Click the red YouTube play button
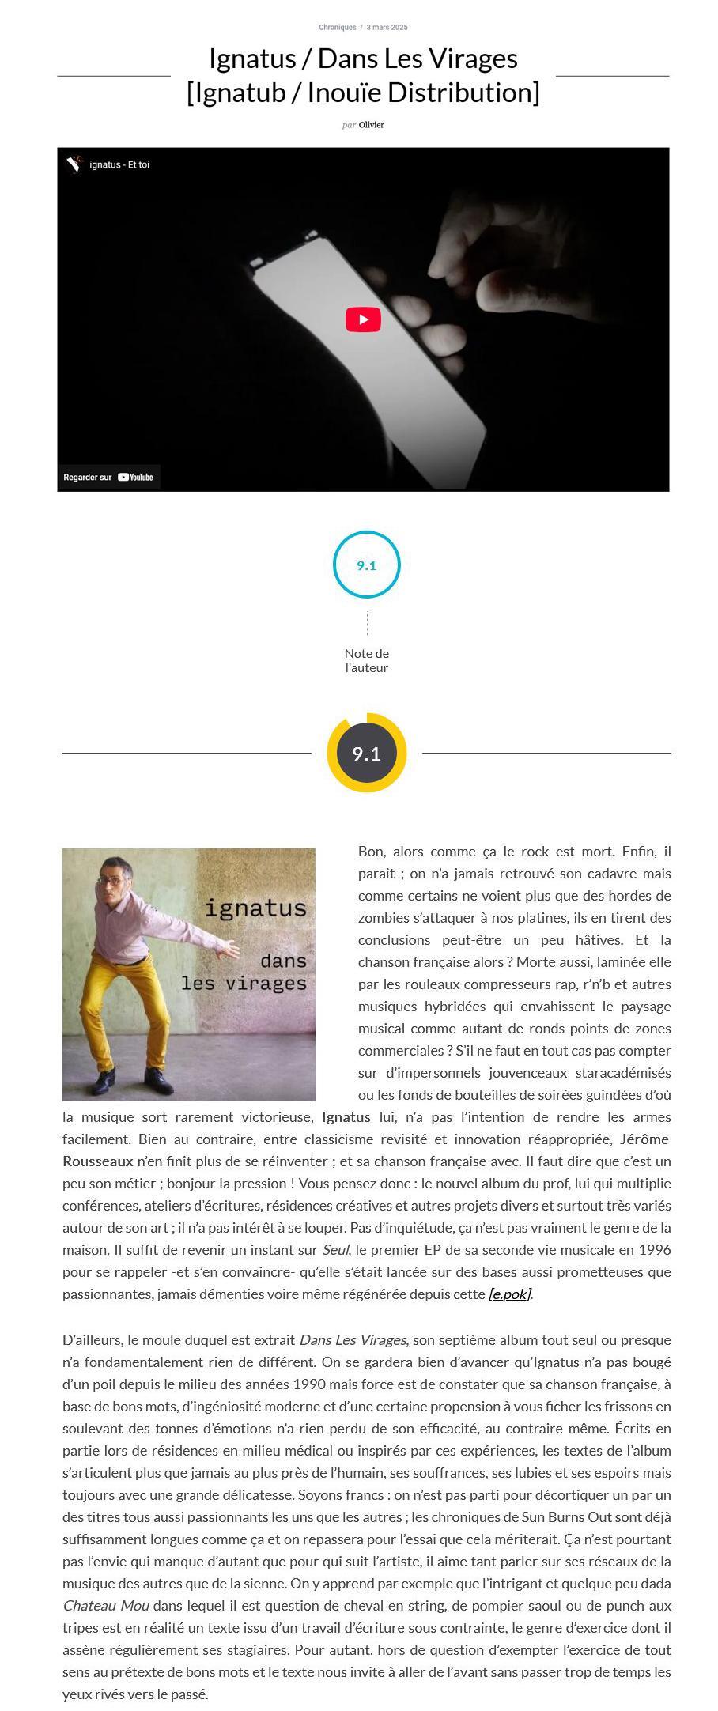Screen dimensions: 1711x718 (x=363, y=319)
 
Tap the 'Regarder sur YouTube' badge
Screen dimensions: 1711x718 (x=109, y=477)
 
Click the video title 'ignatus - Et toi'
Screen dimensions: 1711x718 (x=119, y=164)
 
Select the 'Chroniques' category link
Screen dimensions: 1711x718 (x=337, y=27)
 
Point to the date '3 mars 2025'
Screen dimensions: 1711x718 (x=387, y=27)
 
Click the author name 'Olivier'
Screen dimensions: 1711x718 (x=372, y=125)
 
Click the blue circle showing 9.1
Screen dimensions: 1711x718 (x=366, y=565)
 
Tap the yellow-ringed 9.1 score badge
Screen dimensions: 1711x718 (x=366, y=753)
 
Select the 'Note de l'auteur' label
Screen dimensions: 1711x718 (x=366, y=660)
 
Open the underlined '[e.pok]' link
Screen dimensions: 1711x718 (x=510, y=1294)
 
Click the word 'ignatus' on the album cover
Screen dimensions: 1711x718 (x=255, y=908)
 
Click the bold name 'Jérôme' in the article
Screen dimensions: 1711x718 (x=644, y=1139)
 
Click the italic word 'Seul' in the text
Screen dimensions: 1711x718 (x=334, y=1250)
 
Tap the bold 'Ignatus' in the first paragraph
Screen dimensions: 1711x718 (x=346, y=1117)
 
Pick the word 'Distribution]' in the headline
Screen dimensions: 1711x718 (x=463, y=93)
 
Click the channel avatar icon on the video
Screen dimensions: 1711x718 (x=74, y=164)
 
